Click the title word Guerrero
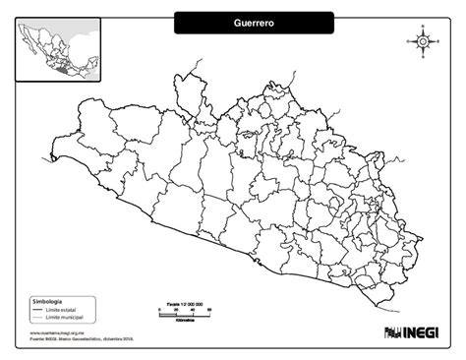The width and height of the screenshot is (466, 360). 255,21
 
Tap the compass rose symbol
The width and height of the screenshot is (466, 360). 422,41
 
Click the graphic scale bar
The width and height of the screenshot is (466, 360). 183,311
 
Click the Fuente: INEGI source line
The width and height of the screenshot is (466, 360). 75,338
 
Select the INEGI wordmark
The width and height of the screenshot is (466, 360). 420,331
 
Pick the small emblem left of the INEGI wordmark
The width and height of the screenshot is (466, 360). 389,331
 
